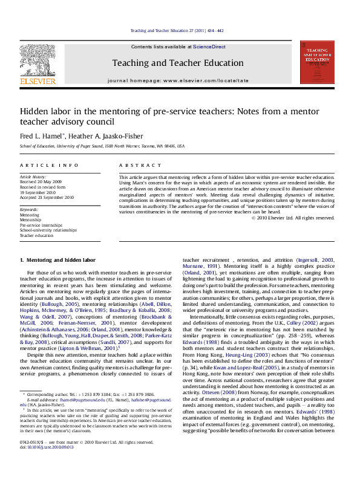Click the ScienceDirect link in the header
(209, 47)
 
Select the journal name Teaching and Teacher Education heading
(178, 62)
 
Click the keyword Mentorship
(31, 220)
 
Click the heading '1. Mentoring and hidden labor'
(57, 260)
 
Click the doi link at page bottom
(44, 464)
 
